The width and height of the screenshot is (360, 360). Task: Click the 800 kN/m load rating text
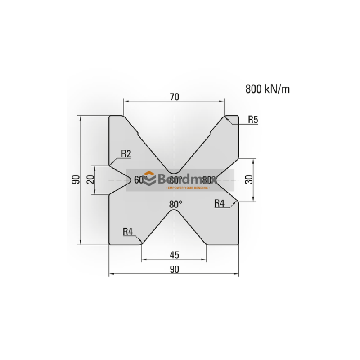pos(267,89)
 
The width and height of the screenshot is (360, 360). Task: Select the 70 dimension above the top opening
pos(175,96)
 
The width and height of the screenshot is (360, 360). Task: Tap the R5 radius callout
pos(253,120)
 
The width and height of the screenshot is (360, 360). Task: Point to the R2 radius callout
pos(126,154)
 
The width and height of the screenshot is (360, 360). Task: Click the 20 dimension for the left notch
pos(90,180)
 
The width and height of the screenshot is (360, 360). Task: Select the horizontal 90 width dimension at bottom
pos(175,269)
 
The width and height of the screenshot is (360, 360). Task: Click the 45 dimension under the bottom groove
pos(175,255)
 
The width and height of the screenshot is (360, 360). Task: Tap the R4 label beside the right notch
pos(219,203)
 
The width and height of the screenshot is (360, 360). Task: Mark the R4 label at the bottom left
pos(128,232)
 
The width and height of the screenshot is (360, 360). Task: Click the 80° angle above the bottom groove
pos(175,204)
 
